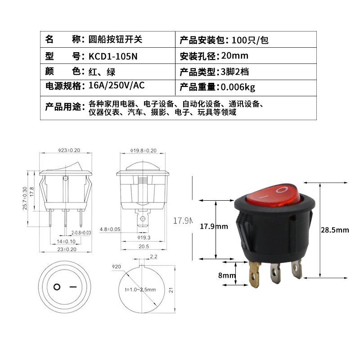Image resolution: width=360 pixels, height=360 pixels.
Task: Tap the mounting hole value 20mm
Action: coord(235,56)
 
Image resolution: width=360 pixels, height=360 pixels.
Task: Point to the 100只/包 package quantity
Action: coord(250,40)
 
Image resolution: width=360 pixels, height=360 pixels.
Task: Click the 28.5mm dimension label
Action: coord(334,230)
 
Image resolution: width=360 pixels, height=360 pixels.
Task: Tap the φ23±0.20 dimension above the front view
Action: coord(69,150)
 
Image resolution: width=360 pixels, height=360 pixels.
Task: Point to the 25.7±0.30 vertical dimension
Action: coord(26,198)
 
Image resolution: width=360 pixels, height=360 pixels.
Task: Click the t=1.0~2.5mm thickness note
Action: coord(141,289)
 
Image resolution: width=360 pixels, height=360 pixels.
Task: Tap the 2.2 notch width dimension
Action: coord(153,257)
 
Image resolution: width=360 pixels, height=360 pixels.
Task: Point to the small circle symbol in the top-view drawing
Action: coord(57,287)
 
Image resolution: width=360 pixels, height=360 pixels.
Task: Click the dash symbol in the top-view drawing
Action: coord(73,287)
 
